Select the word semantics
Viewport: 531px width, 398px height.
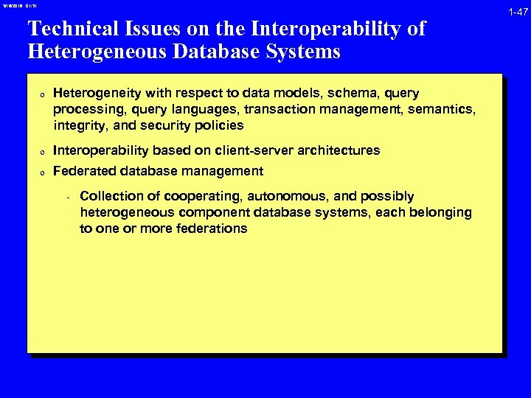click(443, 110)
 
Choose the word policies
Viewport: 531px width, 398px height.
click(218, 125)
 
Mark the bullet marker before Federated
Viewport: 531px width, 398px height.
click(44, 172)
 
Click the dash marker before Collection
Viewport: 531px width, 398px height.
click(67, 198)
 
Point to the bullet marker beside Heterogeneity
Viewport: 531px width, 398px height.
click(44, 95)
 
